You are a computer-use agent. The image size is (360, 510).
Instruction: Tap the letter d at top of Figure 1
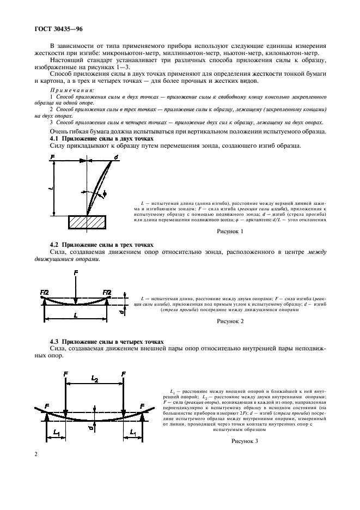click(x=116, y=158)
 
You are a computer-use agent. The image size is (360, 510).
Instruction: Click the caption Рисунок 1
click(x=231, y=232)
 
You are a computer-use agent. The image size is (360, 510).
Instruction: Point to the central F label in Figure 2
click(x=75, y=272)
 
